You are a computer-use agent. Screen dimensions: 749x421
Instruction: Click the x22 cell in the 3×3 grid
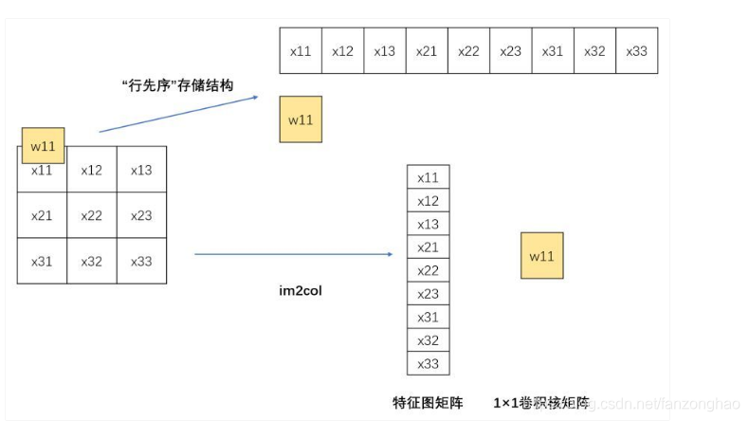coord(92,215)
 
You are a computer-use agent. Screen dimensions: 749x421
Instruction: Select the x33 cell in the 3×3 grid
coord(141,261)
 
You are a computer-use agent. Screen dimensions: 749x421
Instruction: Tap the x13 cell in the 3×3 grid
coord(141,171)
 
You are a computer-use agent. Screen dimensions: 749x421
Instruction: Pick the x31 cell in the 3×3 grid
coord(42,261)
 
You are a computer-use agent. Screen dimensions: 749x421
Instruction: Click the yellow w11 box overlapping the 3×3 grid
coord(44,145)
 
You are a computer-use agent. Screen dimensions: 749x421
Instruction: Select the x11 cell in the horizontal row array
coord(301,51)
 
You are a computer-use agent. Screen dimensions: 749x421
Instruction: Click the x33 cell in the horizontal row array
coord(636,51)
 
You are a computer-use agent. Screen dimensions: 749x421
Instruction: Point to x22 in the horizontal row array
coord(468,51)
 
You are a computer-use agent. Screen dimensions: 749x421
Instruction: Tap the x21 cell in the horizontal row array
coord(427,51)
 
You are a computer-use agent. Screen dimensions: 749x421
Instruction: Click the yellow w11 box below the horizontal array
coord(301,119)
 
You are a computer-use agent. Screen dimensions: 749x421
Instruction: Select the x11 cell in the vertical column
coord(429,177)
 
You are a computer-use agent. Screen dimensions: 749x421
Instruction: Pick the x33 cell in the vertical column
coord(429,363)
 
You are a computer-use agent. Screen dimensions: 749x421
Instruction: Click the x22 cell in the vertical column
coord(429,270)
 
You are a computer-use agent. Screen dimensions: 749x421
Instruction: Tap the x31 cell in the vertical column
coord(429,317)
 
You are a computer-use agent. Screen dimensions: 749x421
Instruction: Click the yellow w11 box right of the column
coord(541,255)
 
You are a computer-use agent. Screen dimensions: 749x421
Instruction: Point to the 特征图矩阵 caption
coord(428,402)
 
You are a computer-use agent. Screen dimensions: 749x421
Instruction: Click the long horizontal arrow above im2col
coord(294,254)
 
